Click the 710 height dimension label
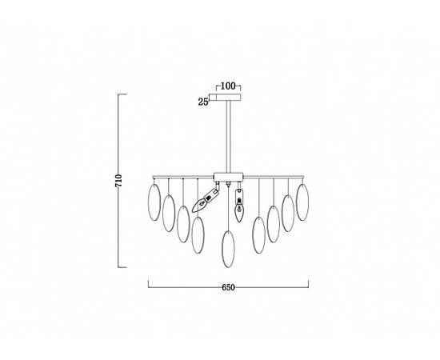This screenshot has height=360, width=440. click(x=118, y=181)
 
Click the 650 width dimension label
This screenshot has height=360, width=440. click(x=228, y=287)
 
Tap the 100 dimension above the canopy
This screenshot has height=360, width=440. click(x=228, y=86)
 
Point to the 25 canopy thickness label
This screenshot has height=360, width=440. click(x=203, y=102)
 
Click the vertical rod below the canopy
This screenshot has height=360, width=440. click(x=229, y=136)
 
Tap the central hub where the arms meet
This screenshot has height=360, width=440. click(x=229, y=177)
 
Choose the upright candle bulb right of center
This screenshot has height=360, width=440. click(x=239, y=206)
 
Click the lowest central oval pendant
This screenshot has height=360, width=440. click(x=228, y=249)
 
